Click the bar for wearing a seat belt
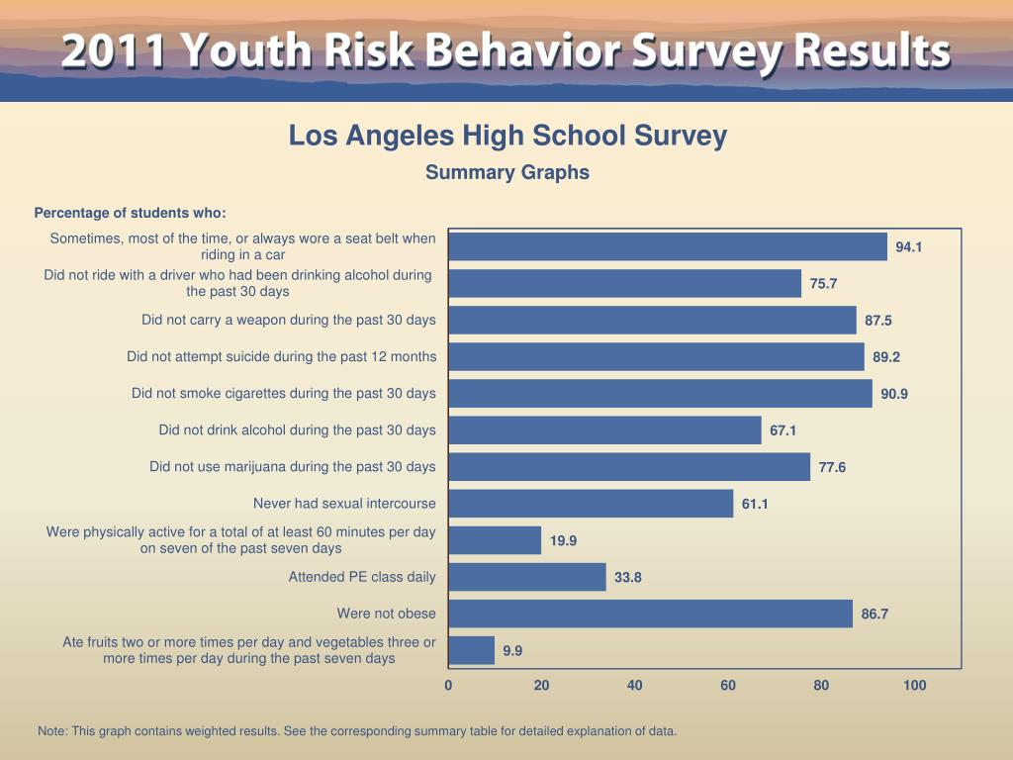click(668, 246)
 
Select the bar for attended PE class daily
click(527, 577)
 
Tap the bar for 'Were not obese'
click(650, 614)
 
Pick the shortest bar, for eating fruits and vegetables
click(472, 650)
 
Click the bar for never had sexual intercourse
click(591, 504)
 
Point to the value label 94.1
click(909, 247)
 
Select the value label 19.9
click(564, 540)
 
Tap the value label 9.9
click(512, 651)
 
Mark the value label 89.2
click(886, 357)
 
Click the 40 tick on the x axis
click(635, 685)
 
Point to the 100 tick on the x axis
click(915, 685)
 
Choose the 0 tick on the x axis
click(448, 685)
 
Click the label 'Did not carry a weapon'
click(288, 320)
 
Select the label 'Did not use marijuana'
click(292, 466)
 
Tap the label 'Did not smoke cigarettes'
click(283, 393)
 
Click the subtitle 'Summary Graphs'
click(507, 172)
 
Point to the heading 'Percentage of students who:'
click(130, 213)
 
